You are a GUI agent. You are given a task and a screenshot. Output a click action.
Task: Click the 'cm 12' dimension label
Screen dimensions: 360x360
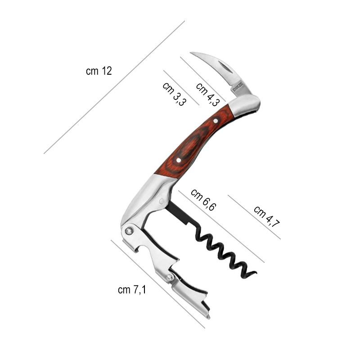click(99, 71)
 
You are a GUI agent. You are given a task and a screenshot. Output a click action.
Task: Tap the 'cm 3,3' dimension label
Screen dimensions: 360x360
click(174, 94)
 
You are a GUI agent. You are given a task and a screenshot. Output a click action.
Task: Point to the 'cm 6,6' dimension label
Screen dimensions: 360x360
click(203, 200)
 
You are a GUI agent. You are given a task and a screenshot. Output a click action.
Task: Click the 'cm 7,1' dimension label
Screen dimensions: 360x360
click(132, 290)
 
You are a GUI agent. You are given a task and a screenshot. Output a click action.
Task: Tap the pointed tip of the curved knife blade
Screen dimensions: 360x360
click(190, 53)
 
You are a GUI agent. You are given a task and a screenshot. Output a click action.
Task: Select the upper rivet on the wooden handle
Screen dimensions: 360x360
click(216, 121)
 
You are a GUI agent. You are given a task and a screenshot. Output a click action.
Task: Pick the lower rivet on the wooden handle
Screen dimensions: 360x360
click(179, 160)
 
